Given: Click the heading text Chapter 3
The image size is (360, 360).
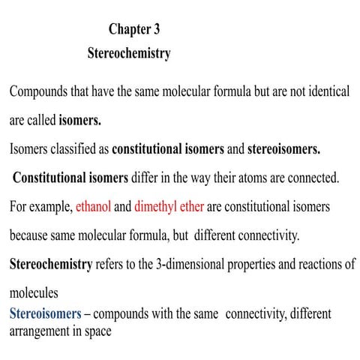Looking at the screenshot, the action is [134, 30].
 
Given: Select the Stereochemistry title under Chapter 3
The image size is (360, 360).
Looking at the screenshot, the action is [129, 54].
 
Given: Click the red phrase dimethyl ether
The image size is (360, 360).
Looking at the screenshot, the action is [169, 206].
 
